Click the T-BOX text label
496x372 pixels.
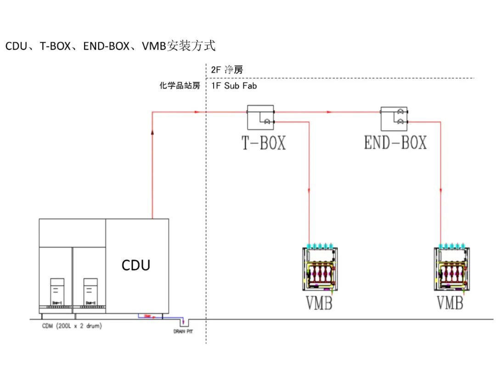pos(264,143)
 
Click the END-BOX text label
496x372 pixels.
pos(395,143)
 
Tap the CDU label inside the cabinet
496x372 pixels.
pos(136,265)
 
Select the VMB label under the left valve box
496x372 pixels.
pos(319,303)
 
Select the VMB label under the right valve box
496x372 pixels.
pos(450,303)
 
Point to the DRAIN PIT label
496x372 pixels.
pos(183,332)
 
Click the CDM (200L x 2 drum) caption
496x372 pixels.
pos(72,326)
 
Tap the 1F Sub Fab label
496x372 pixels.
pos(234,86)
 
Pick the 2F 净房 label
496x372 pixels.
pos(227,70)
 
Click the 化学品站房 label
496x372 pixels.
pos(180,86)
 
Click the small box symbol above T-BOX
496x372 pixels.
pos(260,117)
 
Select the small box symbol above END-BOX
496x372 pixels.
pos(394,117)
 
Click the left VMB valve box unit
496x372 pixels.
pos(320,269)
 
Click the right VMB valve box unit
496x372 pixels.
pos(451,269)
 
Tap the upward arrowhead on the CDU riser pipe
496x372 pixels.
pos(152,131)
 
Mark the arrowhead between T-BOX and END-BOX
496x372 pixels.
pos(327,112)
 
